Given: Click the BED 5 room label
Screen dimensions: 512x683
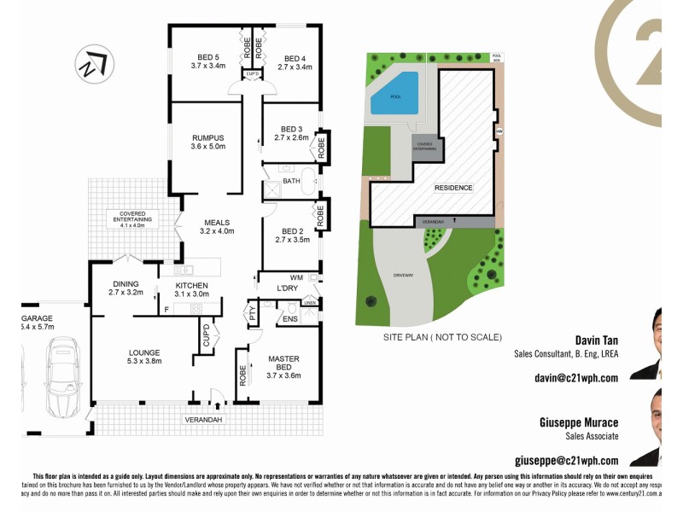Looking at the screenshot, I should click(207, 60).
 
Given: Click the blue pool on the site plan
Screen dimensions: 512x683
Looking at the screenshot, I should click(394, 94).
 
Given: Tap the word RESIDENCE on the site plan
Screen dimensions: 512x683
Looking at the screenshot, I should click(452, 188).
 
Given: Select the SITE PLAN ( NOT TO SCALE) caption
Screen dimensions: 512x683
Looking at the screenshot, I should click(441, 338).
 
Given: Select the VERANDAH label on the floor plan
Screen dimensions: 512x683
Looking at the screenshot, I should click(203, 420).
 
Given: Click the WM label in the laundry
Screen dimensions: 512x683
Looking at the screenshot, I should click(296, 277).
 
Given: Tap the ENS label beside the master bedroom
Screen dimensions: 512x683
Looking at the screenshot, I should click(289, 319).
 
